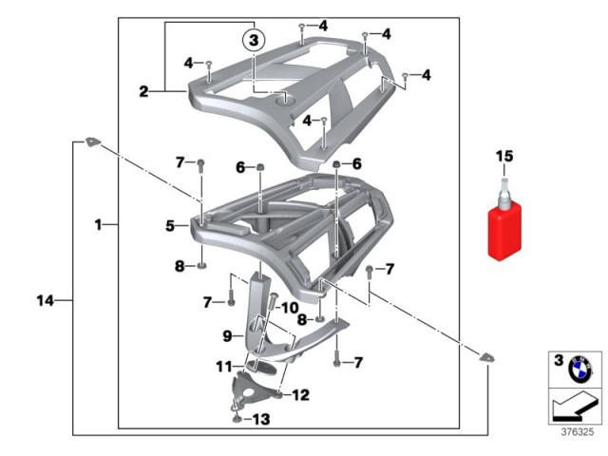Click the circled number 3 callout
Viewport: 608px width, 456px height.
pyautogui.click(x=254, y=40)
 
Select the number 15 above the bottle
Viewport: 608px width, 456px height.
pyautogui.click(x=504, y=156)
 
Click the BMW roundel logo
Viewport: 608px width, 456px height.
pyautogui.click(x=580, y=370)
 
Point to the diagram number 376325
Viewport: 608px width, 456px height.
pyautogui.click(x=578, y=431)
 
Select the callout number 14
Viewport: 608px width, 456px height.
pyautogui.click(x=46, y=300)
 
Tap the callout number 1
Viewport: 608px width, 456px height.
pyautogui.click(x=99, y=224)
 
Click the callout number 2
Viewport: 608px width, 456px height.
pyautogui.click(x=143, y=92)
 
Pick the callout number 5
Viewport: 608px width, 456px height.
pyautogui.click(x=170, y=226)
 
